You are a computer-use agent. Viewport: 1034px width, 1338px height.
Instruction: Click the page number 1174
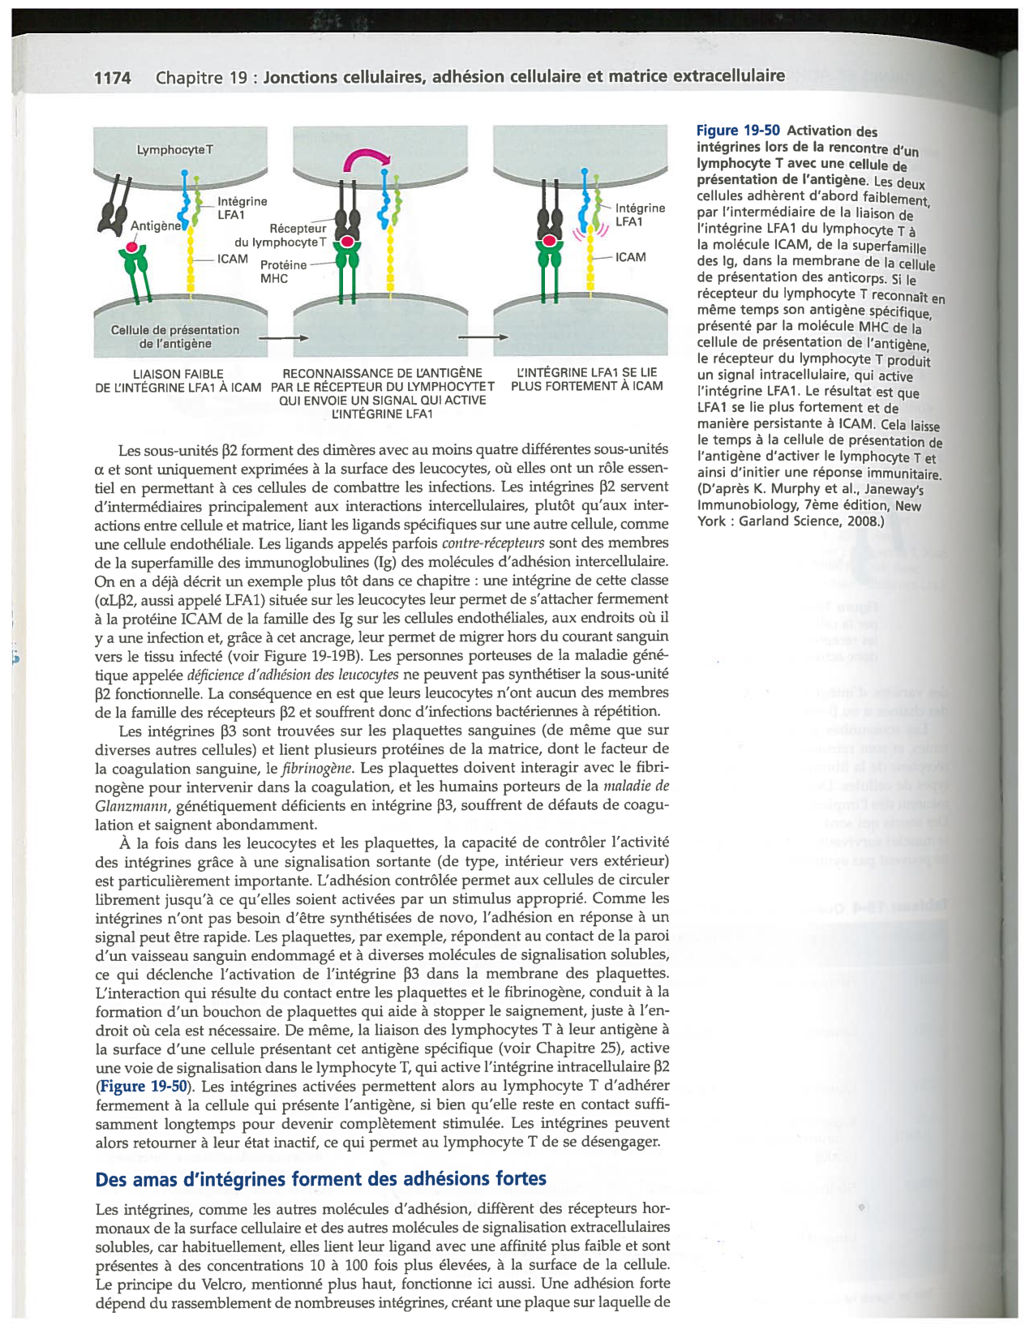(112, 78)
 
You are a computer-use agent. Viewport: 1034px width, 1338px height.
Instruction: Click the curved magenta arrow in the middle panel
(366, 160)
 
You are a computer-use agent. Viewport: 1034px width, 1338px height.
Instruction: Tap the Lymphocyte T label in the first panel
(175, 150)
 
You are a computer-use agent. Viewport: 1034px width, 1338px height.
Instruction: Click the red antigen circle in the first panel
(131, 247)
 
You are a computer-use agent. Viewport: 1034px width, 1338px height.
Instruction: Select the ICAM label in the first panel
(233, 259)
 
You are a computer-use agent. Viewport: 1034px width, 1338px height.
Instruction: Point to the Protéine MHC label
(283, 272)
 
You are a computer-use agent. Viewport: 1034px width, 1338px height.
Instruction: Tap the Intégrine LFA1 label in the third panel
(639, 215)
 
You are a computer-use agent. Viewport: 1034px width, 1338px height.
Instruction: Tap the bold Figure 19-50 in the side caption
(738, 131)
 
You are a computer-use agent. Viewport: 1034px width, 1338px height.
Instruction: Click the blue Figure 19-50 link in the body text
(144, 1087)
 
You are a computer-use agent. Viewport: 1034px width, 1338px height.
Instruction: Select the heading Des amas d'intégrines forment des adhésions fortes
(320, 1179)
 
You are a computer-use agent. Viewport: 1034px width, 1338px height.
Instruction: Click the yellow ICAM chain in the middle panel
(391, 259)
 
